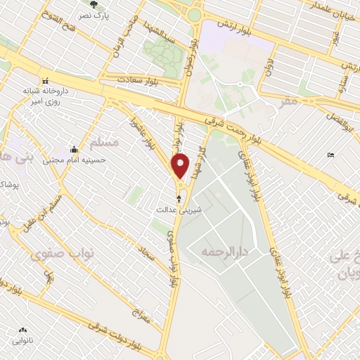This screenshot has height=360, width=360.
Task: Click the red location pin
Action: click(181, 166)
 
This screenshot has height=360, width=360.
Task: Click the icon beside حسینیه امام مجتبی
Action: click(75, 148)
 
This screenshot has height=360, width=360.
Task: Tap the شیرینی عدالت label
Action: click(179, 210)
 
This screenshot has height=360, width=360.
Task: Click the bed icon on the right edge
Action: click(331, 155)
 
